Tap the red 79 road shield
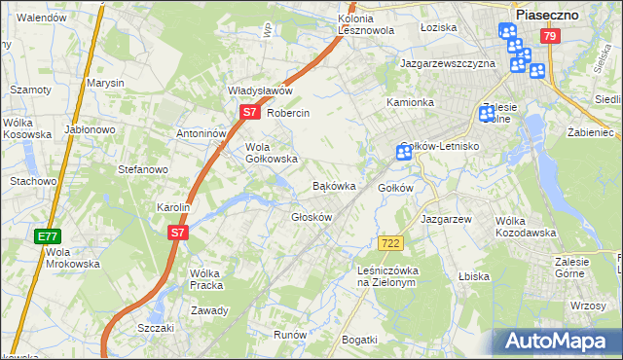551,37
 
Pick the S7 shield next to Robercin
249,112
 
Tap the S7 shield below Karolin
176,233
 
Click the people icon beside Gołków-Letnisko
404,152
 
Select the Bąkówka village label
333,185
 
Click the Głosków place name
312,217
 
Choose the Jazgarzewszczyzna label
448,63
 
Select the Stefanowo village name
143,169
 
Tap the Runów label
290,334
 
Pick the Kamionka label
410,102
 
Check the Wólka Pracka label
206,279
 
